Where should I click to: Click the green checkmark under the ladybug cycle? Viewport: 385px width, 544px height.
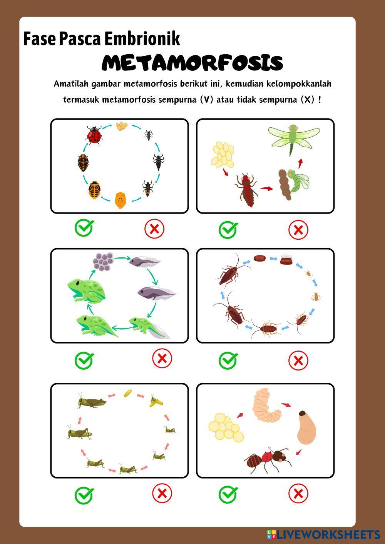pyautogui.click(x=84, y=228)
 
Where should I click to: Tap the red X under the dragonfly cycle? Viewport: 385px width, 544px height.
pyautogui.click(x=298, y=230)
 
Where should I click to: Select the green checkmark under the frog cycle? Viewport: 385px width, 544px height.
pyautogui.click(x=84, y=360)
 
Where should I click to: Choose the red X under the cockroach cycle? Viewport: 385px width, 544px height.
pyautogui.click(x=298, y=360)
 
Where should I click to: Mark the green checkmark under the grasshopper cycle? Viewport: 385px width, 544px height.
pyautogui.click(x=84, y=496)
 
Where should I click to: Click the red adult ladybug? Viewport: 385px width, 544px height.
pyautogui.click(x=94, y=135)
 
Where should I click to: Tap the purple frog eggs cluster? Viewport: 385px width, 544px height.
pyautogui.click(x=103, y=262)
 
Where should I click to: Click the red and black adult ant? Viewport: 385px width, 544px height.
pyautogui.click(x=267, y=460)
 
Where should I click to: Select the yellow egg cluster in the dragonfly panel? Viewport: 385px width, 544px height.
pyautogui.click(x=223, y=155)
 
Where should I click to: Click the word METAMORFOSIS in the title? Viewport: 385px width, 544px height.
pyautogui.click(x=192, y=63)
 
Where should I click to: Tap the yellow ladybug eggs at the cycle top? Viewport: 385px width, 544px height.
pyautogui.click(x=122, y=126)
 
